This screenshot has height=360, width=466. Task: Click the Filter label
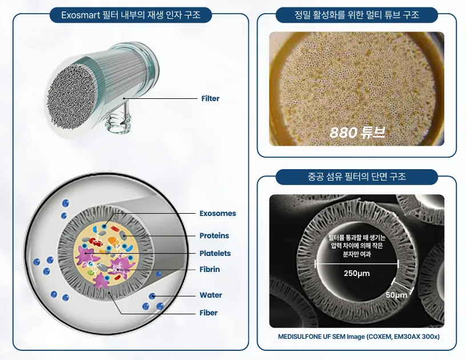pyautogui.click(x=210, y=98)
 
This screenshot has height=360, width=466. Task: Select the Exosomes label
pyautogui.click(x=218, y=214)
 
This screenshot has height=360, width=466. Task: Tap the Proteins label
pyautogui.click(x=214, y=236)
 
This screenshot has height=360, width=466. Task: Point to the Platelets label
pyautogui.click(x=215, y=253)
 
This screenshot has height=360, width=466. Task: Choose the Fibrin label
pyautogui.click(x=210, y=269)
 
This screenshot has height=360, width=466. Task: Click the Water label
pyautogui.click(x=211, y=295)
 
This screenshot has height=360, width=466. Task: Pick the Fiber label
pyautogui.click(x=208, y=313)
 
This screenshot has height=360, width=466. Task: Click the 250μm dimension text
pyautogui.click(x=356, y=274)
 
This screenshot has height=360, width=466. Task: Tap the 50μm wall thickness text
pyautogui.click(x=396, y=295)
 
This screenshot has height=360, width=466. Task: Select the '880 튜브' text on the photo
pyautogui.click(x=357, y=133)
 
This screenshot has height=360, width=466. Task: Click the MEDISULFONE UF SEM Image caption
pyautogui.click(x=359, y=337)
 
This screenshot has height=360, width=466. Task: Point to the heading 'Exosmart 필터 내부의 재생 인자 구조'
pyautogui.click(x=131, y=15)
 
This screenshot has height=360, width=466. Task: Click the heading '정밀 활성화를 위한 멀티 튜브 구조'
pyautogui.click(x=356, y=14)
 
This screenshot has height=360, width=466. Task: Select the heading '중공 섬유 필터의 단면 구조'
pyautogui.click(x=356, y=177)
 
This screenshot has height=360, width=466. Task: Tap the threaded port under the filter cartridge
pyautogui.click(x=118, y=123)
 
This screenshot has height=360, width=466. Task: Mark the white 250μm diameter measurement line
pyautogui.click(x=356, y=263)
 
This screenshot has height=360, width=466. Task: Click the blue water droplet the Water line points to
pyautogui.click(x=152, y=296)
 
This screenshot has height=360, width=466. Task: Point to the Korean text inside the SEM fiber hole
pyautogui.click(x=356, y=246)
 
